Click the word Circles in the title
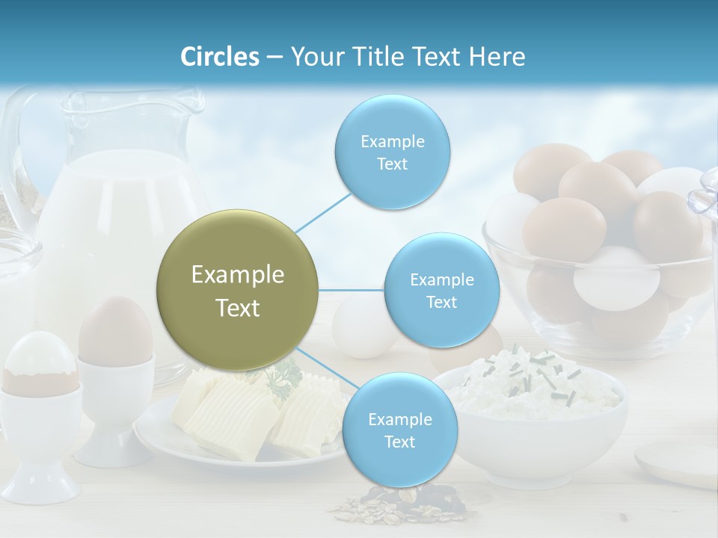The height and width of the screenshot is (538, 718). click(x=220, y=57)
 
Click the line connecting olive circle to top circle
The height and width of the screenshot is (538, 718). click(x=323, y=212)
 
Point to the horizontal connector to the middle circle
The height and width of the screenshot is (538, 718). click(x=352, y=290)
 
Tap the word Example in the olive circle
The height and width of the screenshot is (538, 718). click(x=238, y=275)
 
